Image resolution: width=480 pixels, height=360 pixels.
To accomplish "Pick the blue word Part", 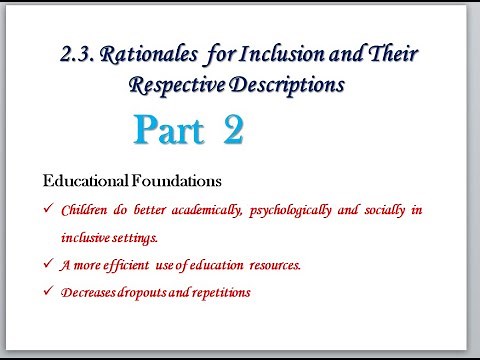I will pyautogui.click(x=169, y=132).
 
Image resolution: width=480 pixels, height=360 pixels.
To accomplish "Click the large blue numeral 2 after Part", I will pyautogui.click(x=233, y=132).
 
